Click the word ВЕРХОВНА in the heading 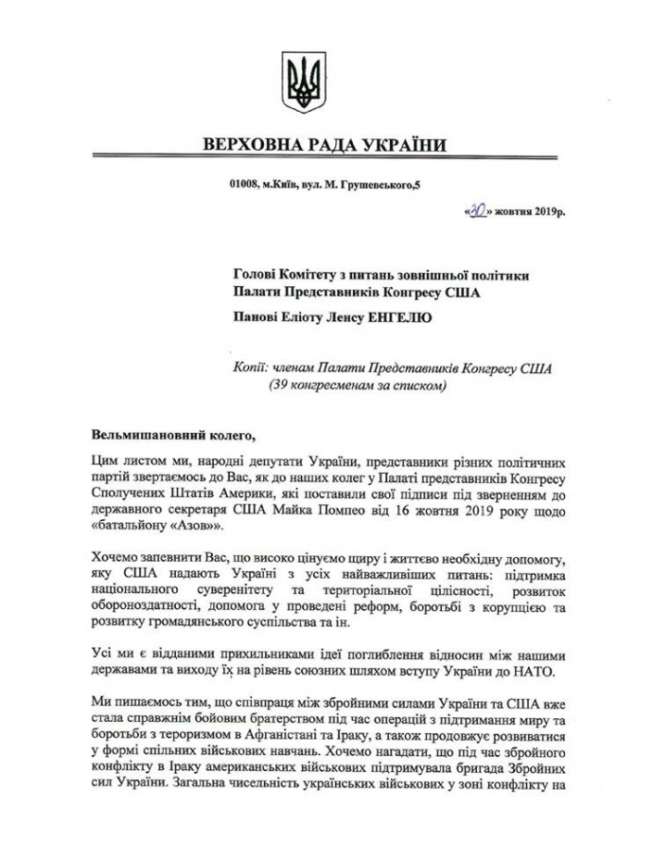(x=250, y=146)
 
